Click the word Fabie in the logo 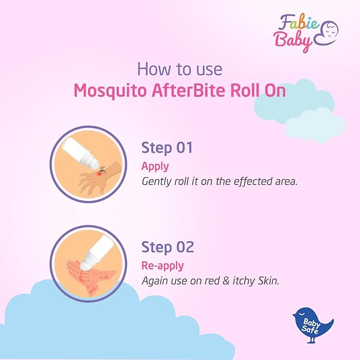pos(298,23)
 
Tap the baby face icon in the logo pos(327,33)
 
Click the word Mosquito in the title pos(110,91)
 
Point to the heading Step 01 pos(167,148)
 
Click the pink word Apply pos(155,166)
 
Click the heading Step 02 pos(168,247)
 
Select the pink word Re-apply pos(163,266)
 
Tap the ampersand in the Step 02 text pos(226,281)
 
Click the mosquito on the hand pos(102,170)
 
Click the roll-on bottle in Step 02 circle pos(98,253)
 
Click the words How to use pos(180,69)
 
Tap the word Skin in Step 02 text pos(269,280)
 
